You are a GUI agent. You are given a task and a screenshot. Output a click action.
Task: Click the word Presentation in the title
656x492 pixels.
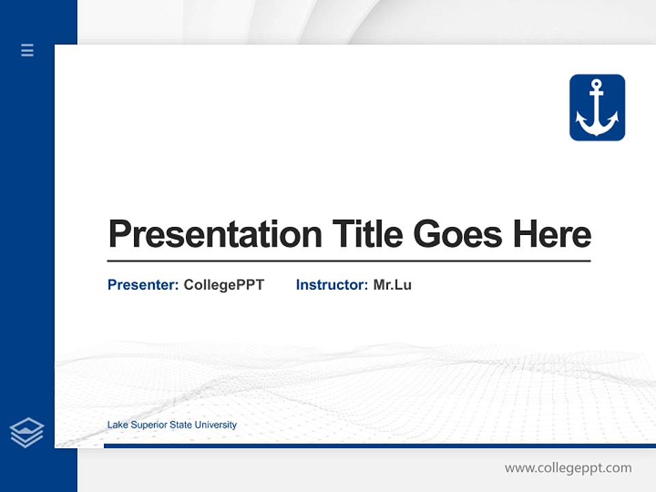(215, 234)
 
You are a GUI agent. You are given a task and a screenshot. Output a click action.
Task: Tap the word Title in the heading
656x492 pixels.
(367, 234)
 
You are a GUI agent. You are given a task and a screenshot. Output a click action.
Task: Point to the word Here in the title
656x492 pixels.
(551, 234)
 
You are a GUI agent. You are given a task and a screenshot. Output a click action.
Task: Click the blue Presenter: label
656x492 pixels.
(143, 285)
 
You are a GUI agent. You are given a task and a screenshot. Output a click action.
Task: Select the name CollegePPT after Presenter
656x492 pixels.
(223, 285)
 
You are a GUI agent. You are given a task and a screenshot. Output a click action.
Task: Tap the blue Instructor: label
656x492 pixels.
(331, 285)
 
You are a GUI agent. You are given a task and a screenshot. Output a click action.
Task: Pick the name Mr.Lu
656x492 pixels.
(392, 285)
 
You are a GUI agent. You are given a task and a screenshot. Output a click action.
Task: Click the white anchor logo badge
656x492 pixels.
(597, 108)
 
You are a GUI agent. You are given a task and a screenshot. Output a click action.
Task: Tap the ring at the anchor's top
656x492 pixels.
(597, 85)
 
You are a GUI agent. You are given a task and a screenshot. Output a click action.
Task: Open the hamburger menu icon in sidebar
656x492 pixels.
(27, 50)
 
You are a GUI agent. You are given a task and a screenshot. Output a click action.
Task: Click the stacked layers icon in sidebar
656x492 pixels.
(27, 433)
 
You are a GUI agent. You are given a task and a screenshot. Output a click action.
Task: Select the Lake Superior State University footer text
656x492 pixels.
(172, 425)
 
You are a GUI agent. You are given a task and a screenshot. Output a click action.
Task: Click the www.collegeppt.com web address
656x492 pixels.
(568, 468)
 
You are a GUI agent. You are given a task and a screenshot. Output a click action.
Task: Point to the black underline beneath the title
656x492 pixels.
(348, 260)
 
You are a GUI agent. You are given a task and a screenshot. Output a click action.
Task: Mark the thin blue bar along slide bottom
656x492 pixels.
(379, 446)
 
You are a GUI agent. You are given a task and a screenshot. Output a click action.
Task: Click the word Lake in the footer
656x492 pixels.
(116, 425)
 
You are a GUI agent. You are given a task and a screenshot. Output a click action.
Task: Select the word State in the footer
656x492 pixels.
(181, 425)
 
